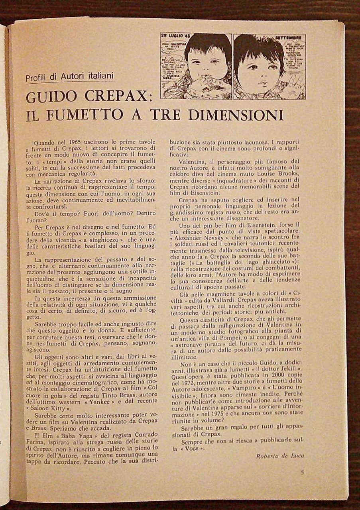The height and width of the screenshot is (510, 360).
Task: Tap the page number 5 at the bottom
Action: [x=303, y=473]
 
